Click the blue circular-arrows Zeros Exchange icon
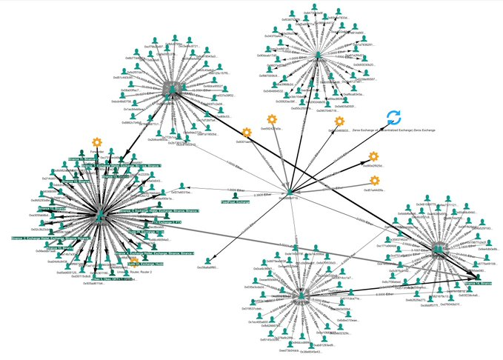pos(394,117)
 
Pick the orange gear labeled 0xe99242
pos(272,119)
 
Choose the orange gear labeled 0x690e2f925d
pos(374,156)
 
